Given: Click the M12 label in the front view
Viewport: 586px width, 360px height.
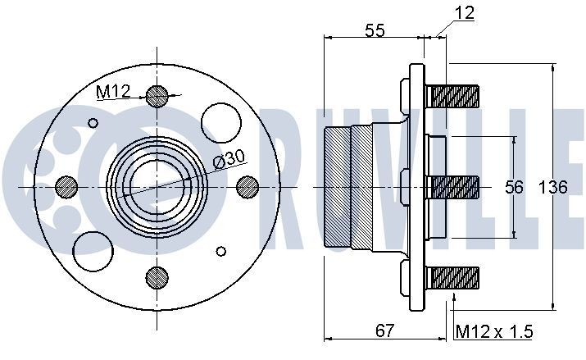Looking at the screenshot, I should (113, 92).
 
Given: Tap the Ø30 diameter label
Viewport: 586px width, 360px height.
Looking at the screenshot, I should (229, 159).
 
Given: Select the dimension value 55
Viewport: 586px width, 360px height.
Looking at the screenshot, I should (375, 30).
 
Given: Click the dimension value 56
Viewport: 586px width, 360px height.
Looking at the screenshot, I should (514, 188).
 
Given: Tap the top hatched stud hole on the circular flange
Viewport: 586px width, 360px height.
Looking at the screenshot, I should (157, 96).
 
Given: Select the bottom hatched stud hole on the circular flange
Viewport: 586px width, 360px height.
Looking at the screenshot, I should (157, 279).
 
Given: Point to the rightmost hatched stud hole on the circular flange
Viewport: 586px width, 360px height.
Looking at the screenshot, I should (248, 188).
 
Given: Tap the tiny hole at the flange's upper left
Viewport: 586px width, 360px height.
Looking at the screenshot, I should (93, 124).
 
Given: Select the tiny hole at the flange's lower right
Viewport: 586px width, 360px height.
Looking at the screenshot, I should (220, 251).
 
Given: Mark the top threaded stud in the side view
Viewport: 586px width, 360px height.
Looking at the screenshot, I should (452, 96).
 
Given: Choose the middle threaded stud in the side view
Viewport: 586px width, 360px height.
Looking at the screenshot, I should (452, 188).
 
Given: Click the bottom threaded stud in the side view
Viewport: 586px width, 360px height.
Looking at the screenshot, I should (452, 279).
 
